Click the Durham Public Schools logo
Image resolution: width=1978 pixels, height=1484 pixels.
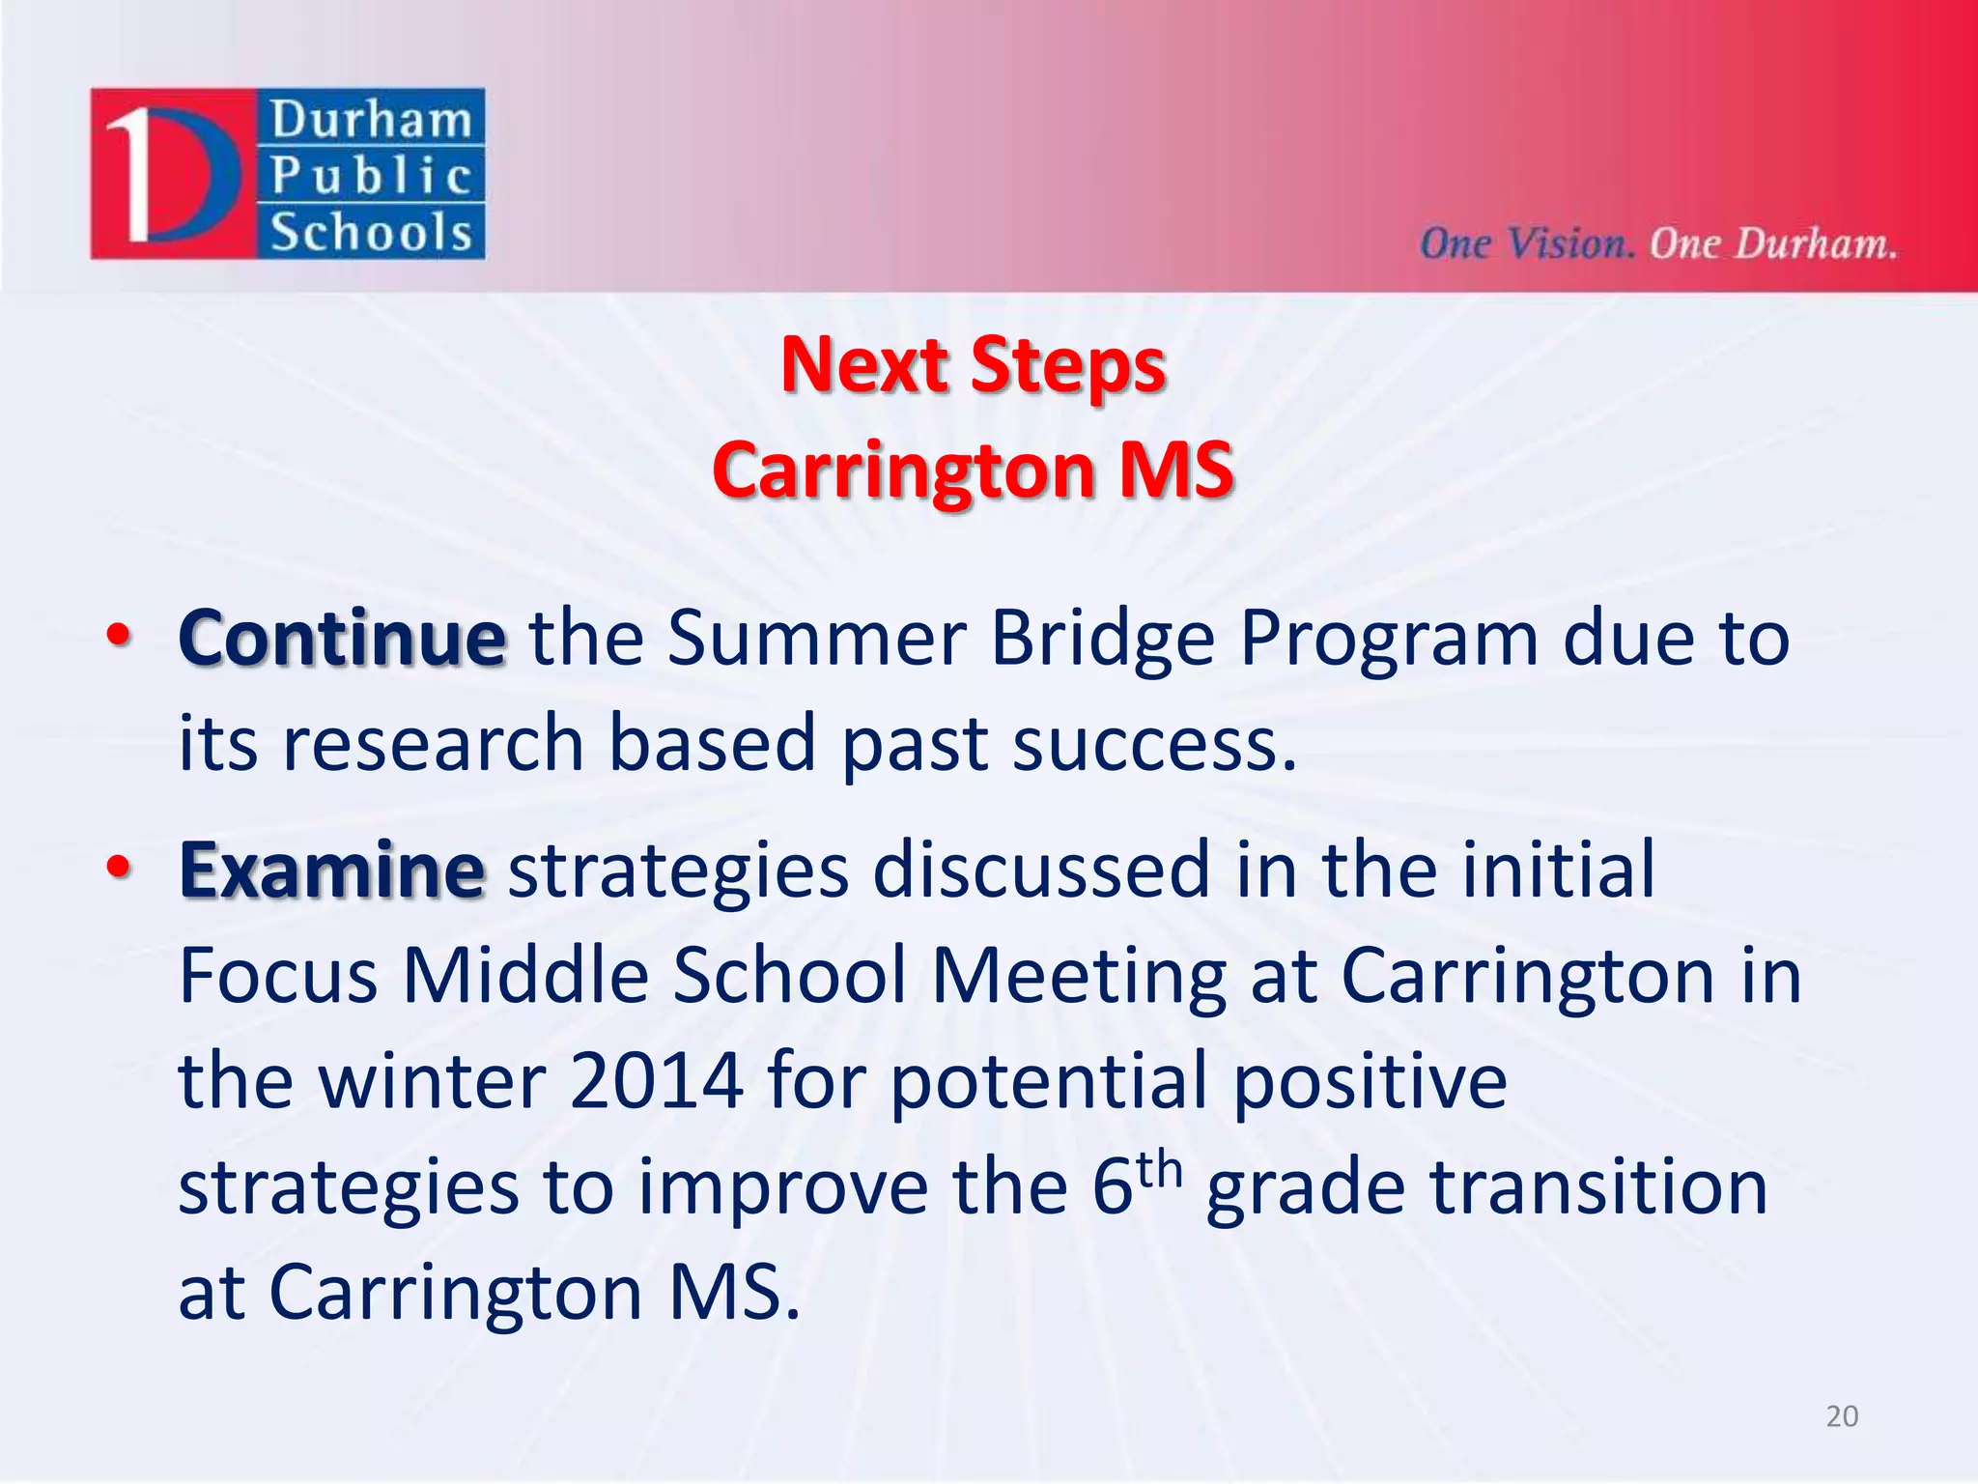[x=288, y=174]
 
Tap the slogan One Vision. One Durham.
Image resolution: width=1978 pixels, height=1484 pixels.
[x=1657, y=243]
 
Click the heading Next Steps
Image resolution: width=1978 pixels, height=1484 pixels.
[x=974, y=365]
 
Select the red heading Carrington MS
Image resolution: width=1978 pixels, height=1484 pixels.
[x=974, y=471]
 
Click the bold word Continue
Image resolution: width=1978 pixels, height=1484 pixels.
[x=342, y=640]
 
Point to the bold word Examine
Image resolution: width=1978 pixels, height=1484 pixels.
[x=331, y=870]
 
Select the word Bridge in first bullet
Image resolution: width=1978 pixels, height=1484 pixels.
[x=1102, y=640]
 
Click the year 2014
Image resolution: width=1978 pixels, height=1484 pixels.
[x=656, y=1081]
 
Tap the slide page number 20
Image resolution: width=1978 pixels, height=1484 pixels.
[x=1842, y=1416]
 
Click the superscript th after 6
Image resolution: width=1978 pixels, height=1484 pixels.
[x=1159, y=1170]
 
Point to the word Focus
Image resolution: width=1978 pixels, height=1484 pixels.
[x=278, y=976]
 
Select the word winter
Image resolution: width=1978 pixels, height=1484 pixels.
[x=432, y=1081]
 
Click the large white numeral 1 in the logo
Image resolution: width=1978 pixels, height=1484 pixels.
[x=133, y=174]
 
